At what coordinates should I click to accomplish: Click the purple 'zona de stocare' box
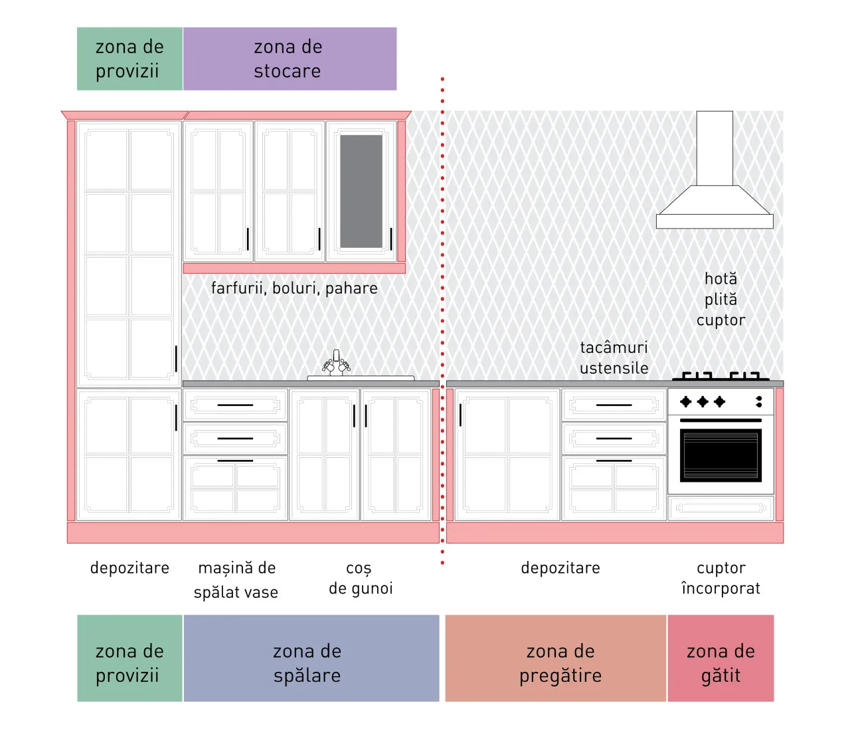(290, 59)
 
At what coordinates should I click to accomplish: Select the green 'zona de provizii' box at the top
(129, 59)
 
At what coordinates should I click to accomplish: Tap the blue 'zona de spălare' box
(311, 659)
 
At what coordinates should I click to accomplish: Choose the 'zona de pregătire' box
(556, 659)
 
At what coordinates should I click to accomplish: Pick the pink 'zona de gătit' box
(721, 659)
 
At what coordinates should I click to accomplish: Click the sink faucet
(337, 363)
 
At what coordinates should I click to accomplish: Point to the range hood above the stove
(715, 169)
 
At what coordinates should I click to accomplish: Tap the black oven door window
(721, 455)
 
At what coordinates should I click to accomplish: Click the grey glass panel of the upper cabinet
(361, 191)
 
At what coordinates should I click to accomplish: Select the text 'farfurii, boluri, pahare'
(294, 288)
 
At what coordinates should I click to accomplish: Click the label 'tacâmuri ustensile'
(614, 358)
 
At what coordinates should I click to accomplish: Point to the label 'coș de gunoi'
(361, 578)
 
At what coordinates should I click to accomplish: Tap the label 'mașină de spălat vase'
(236, 580)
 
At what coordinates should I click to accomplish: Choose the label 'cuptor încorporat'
(721, 578)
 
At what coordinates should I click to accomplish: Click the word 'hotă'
(721, 278)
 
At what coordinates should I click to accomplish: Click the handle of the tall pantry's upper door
(176, 359)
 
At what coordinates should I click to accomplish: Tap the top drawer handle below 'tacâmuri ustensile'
(614, 405)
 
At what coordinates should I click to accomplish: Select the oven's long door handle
(721, 420)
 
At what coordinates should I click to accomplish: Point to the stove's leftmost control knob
(685, 401)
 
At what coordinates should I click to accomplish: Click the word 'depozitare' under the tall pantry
(129, 568)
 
